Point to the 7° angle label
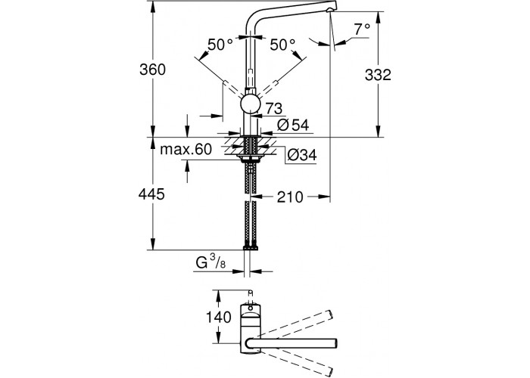(x=361, y=29)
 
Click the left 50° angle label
(x=220, y=45)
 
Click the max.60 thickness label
(x=185, y=150)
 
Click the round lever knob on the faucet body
(x=250, y=104)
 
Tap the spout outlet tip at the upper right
(x=330, y=11)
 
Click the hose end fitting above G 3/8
(x=249, y=246)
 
